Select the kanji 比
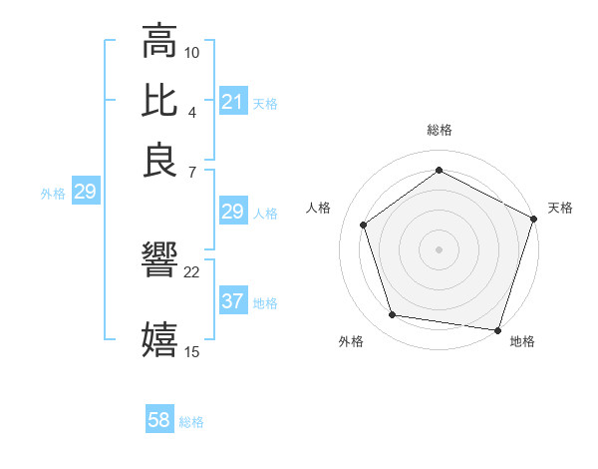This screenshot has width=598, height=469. [160, 101]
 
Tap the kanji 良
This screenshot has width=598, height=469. [160, 160]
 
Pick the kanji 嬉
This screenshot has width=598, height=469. [160, 338]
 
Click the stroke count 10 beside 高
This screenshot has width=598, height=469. [192, 52]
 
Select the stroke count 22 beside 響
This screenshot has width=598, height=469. [192, 270]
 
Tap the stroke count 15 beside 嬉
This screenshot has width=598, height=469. [192, 350]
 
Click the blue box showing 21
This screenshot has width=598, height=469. [232, 102]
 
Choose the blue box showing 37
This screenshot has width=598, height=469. [232, 301]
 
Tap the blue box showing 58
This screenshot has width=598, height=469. [159, 421]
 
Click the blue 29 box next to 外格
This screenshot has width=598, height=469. [85, 193]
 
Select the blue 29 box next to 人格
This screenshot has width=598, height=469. [232, 212]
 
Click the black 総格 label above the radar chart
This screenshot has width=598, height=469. [440, 130]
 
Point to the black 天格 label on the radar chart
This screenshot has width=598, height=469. [560, 208]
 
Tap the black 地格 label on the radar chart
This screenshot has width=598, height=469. [522, 341]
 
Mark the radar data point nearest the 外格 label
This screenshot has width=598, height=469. [393, 315]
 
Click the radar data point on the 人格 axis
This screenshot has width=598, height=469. [364, 225]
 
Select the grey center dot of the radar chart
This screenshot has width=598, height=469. [440, 248]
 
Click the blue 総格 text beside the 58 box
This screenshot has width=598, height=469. [191, 422]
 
